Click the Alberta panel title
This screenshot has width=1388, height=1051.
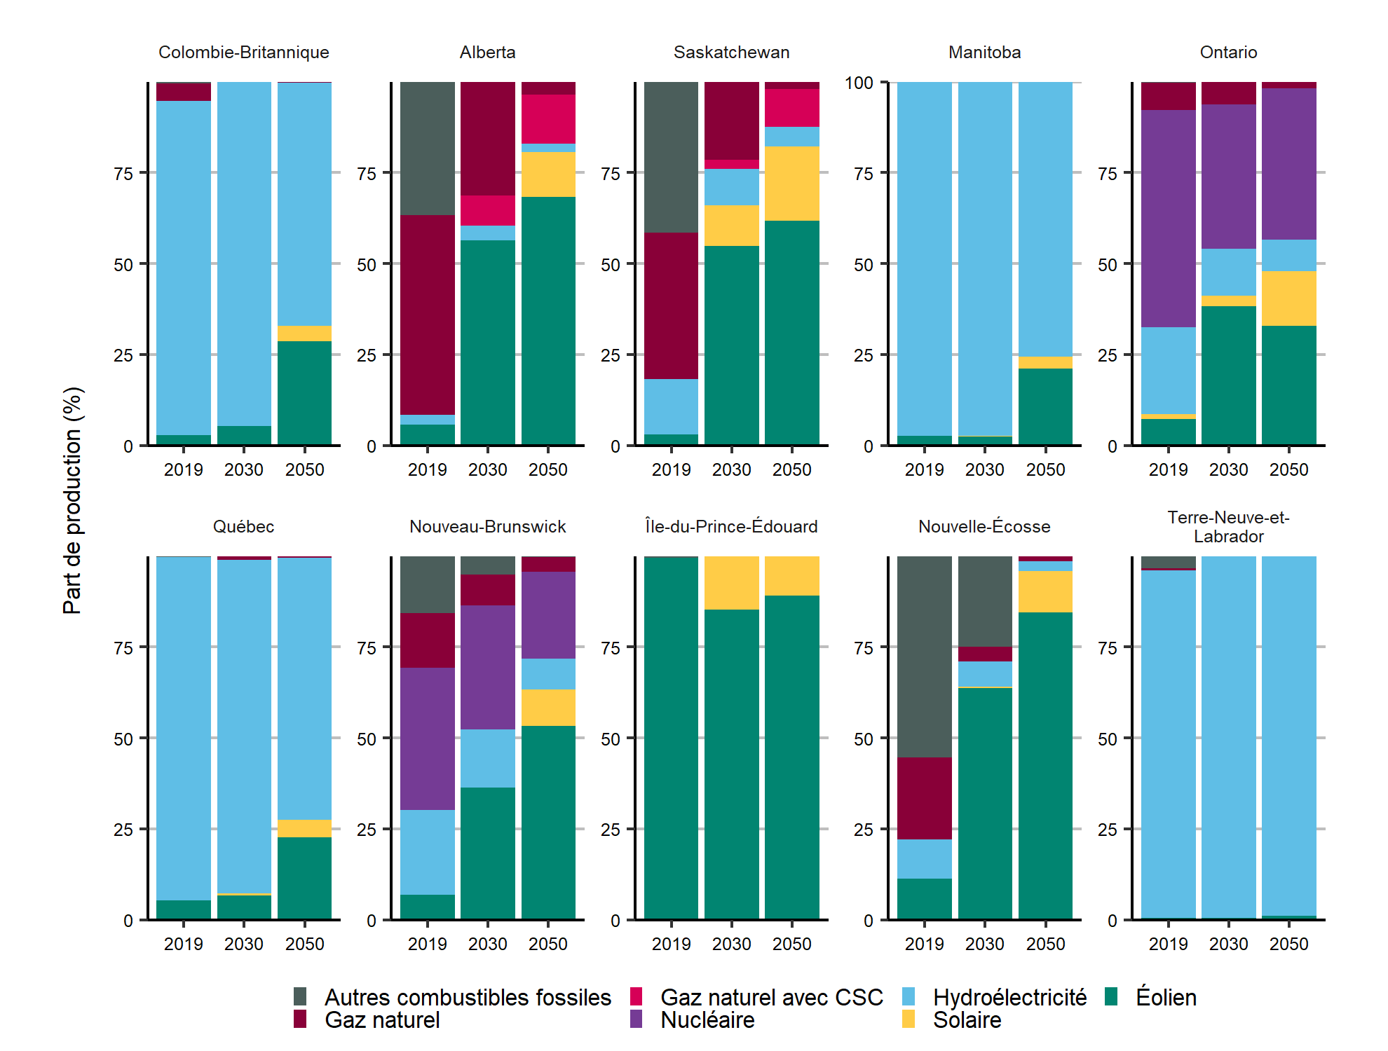pos(487,53)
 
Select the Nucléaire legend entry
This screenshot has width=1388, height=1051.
pos(707,1020)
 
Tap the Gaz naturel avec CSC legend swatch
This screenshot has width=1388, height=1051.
pos(637,997)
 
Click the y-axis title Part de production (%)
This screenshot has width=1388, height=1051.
pos(72,500)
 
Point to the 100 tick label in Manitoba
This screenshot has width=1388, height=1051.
pos(859,83)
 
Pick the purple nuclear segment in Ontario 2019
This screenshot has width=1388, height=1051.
pos(1168,219)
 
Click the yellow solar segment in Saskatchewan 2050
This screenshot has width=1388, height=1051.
pos(791,184)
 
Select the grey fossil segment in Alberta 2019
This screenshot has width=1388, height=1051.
pos(427,149)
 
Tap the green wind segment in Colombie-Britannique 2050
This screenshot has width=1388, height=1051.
pos(304,392)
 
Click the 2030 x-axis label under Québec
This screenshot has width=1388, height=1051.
pos(243,944)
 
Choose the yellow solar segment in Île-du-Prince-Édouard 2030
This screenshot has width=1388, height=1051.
pos(731,583)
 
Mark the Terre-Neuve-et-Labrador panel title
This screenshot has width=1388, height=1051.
pos(1228,527)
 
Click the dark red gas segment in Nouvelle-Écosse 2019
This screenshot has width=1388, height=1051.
pos(924,798)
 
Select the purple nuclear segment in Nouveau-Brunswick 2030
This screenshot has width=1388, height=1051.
pos(487,667)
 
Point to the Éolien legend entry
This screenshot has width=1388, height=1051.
pos(1166,997)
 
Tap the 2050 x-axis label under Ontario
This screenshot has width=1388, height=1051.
pos(1288,470)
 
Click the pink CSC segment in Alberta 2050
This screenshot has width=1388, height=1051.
pos(547,119)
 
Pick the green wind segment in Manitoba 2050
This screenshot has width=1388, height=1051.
pos(1045,406)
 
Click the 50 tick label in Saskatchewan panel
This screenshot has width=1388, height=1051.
pos(611,265)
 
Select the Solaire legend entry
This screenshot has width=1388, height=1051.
pos(967,1020)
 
